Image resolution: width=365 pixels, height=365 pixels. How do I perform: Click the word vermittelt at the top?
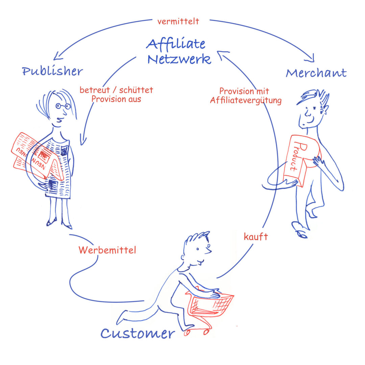click(178, 21)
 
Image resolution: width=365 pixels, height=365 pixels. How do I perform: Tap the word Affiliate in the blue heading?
click(176, 44)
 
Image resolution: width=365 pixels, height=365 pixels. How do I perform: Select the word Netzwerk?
click(179, 59)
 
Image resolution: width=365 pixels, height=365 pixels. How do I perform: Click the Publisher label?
click(52, 71)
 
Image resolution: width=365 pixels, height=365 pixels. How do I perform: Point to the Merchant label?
click(316, 73)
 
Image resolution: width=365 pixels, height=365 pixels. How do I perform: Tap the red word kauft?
click(256, 237)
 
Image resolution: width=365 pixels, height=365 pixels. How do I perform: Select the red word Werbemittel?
click(107, 250)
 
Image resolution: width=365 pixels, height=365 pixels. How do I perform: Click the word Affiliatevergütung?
click(246, 100)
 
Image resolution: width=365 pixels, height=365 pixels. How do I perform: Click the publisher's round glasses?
click(63, 106)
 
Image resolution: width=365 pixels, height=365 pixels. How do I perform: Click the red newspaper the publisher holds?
click(32, 154)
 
